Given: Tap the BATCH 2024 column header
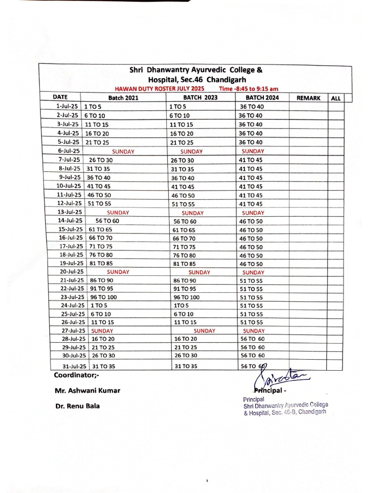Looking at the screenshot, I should point(262,98).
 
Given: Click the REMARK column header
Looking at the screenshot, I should point(308,98).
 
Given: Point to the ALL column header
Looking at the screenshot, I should point(336,98).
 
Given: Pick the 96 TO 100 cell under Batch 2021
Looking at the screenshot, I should point(103,297).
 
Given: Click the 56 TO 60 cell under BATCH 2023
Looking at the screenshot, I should point(185,221).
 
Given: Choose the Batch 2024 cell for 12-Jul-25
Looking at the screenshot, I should point(251,204).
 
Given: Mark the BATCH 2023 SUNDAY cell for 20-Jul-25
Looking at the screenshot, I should point(199,272).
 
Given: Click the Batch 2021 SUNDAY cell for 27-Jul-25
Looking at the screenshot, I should point(102,331).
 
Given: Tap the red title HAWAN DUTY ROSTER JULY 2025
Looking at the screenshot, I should point(160,89).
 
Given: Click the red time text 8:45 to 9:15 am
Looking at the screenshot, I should point(248,89).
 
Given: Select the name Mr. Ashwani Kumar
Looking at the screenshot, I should point(87,390).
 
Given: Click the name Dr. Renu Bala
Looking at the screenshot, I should point(78,406).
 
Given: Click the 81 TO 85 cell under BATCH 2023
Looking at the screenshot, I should point(184,264).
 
